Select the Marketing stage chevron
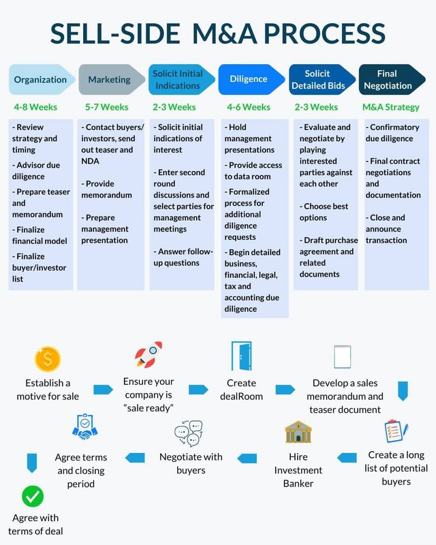pyautogui.click(x=110, y=80)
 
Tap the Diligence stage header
pyautogui.click(x=249, y=80)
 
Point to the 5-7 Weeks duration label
pyautogui.click(x=107, y=107)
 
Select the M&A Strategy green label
pyautogui.click(x=391, y=107)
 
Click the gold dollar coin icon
pyautogui.click(x=48, y=358)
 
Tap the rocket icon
pyautogui.click(x=149, y=355)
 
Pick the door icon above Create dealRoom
pyautogui.click(x=241, y=356)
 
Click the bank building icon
pyautogui.click(x=298, y=433)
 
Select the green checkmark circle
pyautogui.click(x=32, y=496)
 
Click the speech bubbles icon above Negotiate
pyautogui.click(x=189, y=433)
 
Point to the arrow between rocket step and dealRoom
pyautogui.click(x=198, y=390)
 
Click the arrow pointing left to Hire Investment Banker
pyautogui.click(x=347, y=458)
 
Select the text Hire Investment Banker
pyautogui.click(x=298, y=470)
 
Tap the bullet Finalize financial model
pyautogui.click(x=40, y=235)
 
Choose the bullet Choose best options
pyautogui.click(x=326, y=212)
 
